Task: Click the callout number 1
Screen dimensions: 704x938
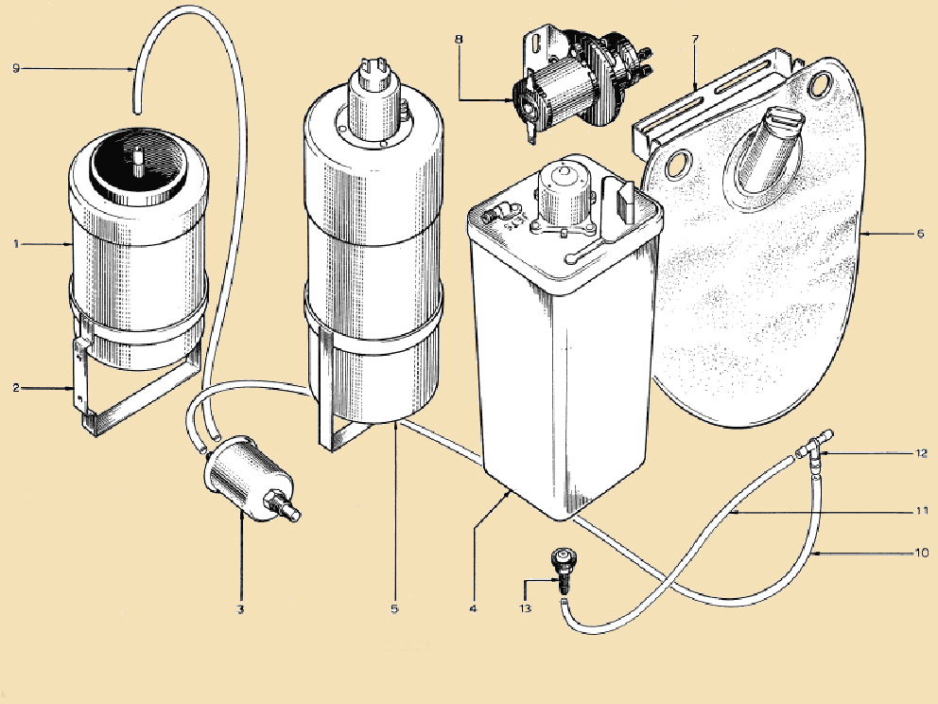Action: pyautogui.click(x=16, y=244)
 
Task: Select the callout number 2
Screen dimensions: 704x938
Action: pyautogui.click(x=16, y=388)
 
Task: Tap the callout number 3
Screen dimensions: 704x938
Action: pyautogui.click(x=241, y=610)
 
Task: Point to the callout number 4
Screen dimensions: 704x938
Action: pyautogui.click(x=472, y=610)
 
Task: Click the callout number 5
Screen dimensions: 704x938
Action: pyautogui.click(x=394, y=610)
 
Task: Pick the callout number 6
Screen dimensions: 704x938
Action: pyautogui.click(x=920, y=233)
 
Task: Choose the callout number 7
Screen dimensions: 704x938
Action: pyautogui.click(x=695, y=40)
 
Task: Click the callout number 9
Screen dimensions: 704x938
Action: pyautogui.click(x=16, y=66)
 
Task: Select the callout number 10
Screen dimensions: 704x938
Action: pyautogui.click(x=920, y=551)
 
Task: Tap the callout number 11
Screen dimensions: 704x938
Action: pyautogui.click(x=920, y=511)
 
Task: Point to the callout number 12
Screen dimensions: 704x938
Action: pyautogui.click(x=920, y=453)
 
